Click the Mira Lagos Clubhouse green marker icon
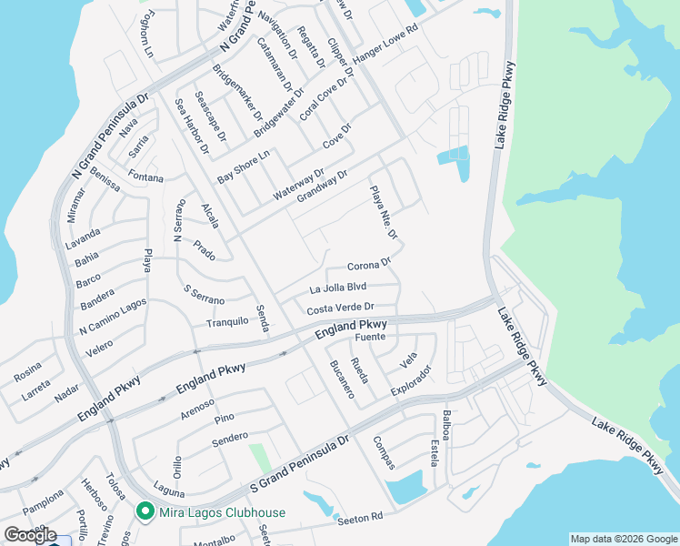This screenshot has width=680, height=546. click(145, 512)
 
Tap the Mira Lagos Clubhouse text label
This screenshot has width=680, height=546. click(222, 512)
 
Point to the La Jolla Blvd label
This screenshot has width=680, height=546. click(337, 288)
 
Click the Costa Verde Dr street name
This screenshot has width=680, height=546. click(340, 308)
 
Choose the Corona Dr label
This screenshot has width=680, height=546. click(368, 266)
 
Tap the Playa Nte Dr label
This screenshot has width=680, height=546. click(384, 213)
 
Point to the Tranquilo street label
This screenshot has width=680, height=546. click(227, 321)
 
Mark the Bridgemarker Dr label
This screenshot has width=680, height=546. click(236, 94)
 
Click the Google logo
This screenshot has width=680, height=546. click(30, 534)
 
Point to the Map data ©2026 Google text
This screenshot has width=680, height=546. click(623, 539)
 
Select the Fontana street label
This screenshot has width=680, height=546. click(145, 177)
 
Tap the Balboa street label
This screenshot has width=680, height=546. click(445, 425)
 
